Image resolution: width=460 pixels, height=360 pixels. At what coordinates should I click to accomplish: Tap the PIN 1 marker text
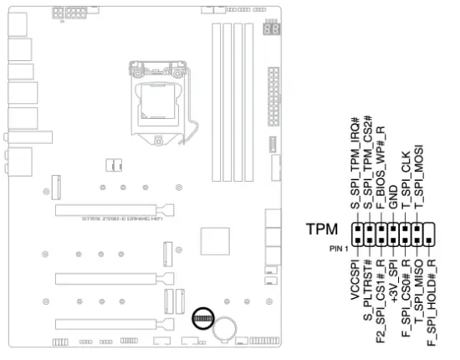pos(338,248)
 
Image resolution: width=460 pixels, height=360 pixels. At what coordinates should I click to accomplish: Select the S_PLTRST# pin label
pos(367,289)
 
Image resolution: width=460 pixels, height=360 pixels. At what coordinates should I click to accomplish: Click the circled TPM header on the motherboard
pos(202,318)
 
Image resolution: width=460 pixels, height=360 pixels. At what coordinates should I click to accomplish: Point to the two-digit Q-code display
pos(270,28)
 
